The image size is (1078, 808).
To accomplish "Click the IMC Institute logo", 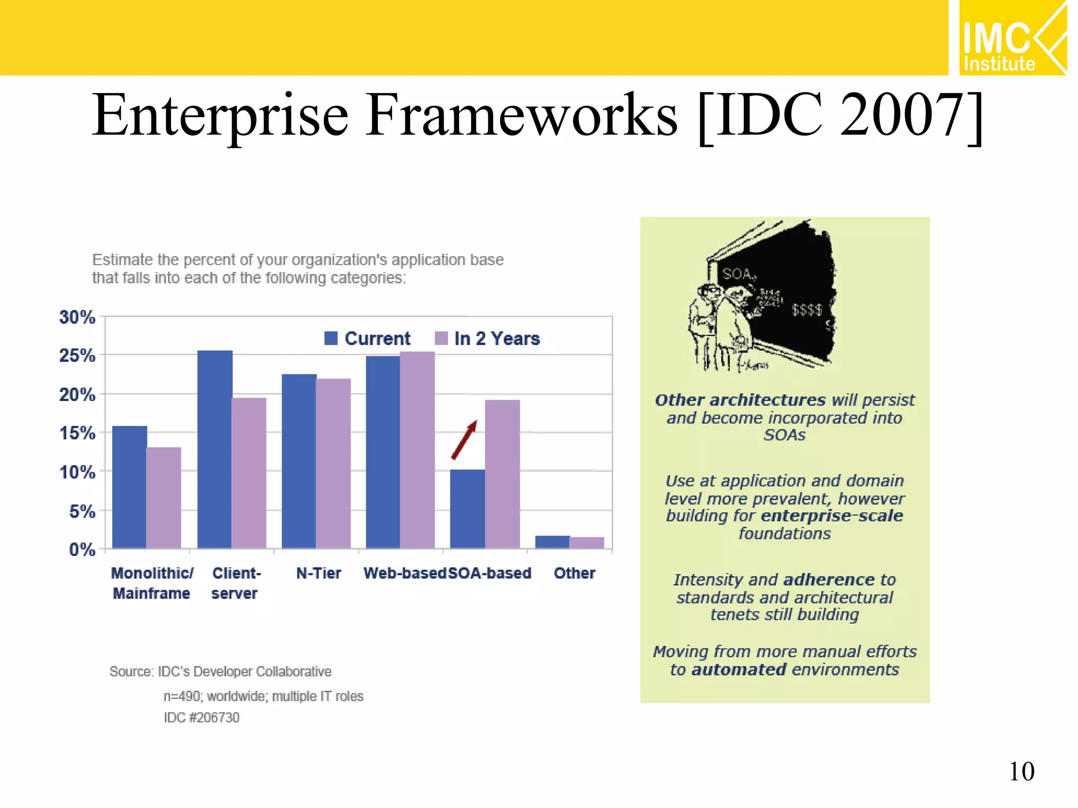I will pyautogui.click(x=1012, y=38).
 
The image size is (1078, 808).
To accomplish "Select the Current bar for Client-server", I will pyautogui.click(x=215, y=450).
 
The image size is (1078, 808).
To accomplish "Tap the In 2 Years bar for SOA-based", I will pyautogui.click(x=502, y=473).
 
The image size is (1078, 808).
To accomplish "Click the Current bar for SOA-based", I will pyautogui.click(x=467, y=509).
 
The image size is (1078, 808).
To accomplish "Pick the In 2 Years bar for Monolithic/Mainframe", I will pyautogui.click(x=164, y=498).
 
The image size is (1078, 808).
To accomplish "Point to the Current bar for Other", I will pyautogui.click(x=552, y=542).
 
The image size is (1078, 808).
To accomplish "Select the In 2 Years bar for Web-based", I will pyautogui.click(x=417, y=450).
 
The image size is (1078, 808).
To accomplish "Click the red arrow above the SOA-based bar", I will pyautogui.click(x=464, y=440).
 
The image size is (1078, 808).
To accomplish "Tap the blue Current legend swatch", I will pyautogui.click(x=331, y=338).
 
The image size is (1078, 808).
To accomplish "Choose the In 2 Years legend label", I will pyautogui.click(x=497, y=338).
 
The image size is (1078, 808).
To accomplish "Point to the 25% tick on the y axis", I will pyautogui.click(x=77, y=356).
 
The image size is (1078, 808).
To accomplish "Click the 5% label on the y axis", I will pyautogui.click(x=82, y=511).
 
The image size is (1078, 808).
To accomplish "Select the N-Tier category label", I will pyautogui.click(x=318, y=573).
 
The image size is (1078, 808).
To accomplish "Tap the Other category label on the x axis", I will pyautogui.click(x=574, y=573).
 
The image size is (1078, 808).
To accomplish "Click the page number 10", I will pyautogui.click(x=1021, y=772).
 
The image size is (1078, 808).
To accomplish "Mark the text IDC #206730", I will pyautogui.click(x=201, y=718).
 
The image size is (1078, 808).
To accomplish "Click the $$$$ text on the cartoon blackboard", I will pyautogui.click(x=807, y=310).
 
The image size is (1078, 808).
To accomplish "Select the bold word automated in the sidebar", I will pyautogui.click(x=739, y=670).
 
